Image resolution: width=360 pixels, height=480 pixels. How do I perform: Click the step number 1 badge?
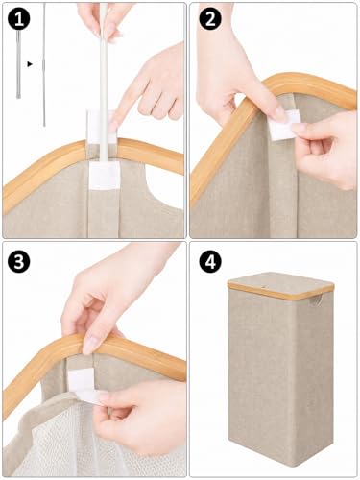click(x=18, y=19)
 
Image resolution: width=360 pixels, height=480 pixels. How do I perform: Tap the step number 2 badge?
click(x=210, y=19)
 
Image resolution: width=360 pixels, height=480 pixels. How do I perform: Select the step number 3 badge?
click(x=18, y=262)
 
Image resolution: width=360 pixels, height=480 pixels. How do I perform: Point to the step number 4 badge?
click(x=210, y=262)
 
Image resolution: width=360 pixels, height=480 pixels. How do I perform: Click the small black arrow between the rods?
click(x=30, y=64)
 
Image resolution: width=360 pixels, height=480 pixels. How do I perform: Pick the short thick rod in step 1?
click(x=18, y=64)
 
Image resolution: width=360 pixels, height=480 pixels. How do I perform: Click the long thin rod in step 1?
click(x=44, y=64)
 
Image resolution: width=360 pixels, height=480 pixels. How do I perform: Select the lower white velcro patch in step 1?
click(x=104, y=176)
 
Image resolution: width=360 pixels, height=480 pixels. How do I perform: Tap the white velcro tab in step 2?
click(x=283, y=126)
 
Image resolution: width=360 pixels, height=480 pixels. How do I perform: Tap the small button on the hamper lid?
click(x=264, y=286)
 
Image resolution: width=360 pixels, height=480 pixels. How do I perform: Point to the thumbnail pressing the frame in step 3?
click(x=90, y=346)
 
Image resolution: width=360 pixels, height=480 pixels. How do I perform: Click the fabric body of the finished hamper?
click(x=280, y=377)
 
